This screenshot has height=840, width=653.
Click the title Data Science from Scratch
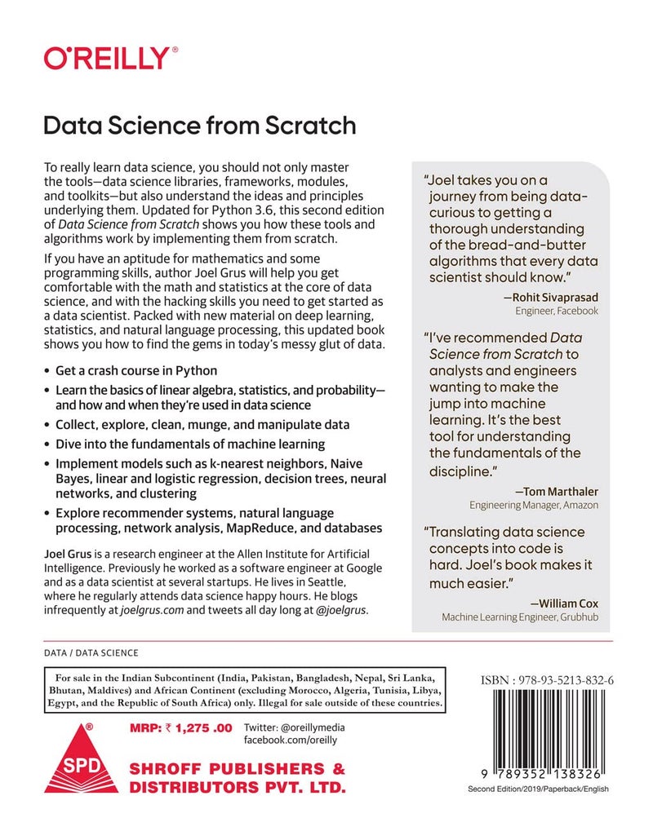click(199, 126)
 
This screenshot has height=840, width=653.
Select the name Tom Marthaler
click(557, 491)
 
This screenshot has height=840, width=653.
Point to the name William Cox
click(564, 603)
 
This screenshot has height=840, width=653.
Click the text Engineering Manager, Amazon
click(533, 506)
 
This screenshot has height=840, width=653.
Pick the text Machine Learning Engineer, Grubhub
click(520, 618)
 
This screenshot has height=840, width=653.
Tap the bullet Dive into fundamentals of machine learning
click(189, 444)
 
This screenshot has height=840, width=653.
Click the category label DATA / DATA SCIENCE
click(91, 653)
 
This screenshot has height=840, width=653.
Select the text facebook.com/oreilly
click(291, 741)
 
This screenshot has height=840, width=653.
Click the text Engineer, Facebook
click(557, 311)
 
